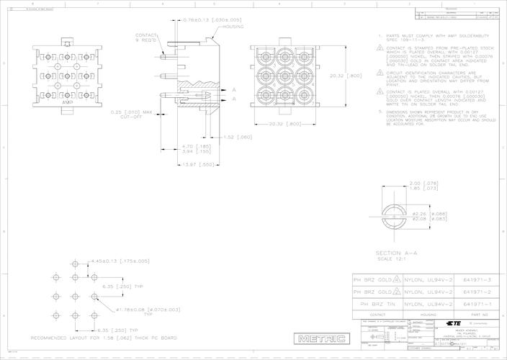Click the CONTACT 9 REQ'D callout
(x=148, y=37)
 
